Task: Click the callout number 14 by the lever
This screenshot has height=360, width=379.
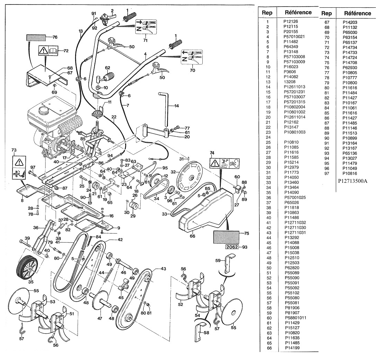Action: [x=177, y=106]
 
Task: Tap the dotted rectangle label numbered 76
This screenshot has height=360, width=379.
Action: [x=36, y=38]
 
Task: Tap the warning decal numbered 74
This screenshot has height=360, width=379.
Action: [x=225, y=162]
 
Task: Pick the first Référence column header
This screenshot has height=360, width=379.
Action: [x=298, y=13]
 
